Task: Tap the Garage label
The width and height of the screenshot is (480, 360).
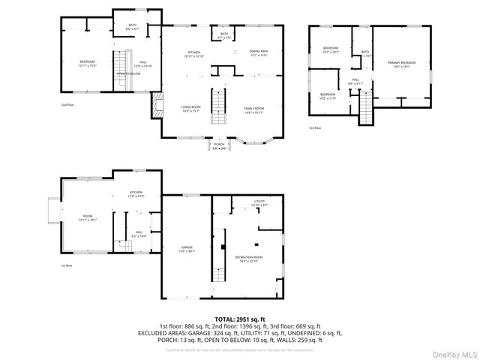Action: pyautogui.click(x=186, y=249)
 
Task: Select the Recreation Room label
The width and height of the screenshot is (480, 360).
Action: pyautogui.click(x=250, y=259)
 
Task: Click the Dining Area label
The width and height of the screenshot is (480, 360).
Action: pyautogui.click(x=259, y=53)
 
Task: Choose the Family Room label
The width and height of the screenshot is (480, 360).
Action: pyautogui.click(x=254, y=110)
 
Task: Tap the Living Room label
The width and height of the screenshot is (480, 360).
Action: pyautogui.click(x=190, y=109)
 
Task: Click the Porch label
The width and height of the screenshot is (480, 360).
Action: pyautogui.click(x=219, y=145)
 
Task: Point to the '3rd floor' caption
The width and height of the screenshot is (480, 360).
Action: pyautogui.click(x=314, y=128)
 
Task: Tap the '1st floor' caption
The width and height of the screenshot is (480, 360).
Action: pyautogui.click(x=67, y=265)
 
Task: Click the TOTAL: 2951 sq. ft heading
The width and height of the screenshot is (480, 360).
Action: pyautogui.click(x=239, y=319)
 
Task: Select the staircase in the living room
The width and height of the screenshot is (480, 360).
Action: pyautogui.click(x=218, y=106)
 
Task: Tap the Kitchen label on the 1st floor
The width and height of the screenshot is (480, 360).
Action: pyautogui.click(x=136, y=194)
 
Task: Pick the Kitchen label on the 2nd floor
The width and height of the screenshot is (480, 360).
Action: pyautogui.click(x=193, y=53)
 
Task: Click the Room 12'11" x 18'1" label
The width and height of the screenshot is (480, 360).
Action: pyautogui.click(x=88, y=218)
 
